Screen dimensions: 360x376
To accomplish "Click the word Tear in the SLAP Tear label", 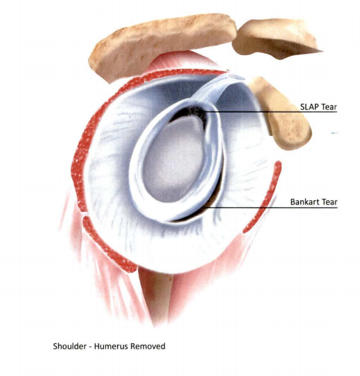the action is (330, 107).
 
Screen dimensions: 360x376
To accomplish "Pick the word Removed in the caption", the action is (147, 346).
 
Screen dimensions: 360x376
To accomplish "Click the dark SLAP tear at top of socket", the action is (192, 115).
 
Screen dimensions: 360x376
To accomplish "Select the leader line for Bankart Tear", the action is (271, 207).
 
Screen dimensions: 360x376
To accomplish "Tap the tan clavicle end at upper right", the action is (276, 38).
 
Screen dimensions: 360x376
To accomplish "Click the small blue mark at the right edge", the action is (335, 133).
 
